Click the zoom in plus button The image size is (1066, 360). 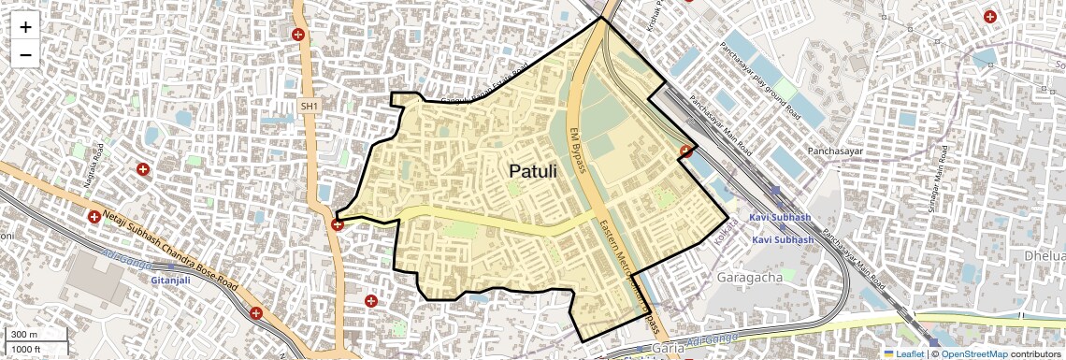coord(25,27)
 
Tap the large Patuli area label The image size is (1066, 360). coord(532,171)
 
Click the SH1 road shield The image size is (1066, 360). coord(310,108)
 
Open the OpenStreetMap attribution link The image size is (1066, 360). coord(973,353)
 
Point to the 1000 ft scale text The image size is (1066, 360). coord(27,349)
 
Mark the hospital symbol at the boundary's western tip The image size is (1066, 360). coord(337,224)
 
